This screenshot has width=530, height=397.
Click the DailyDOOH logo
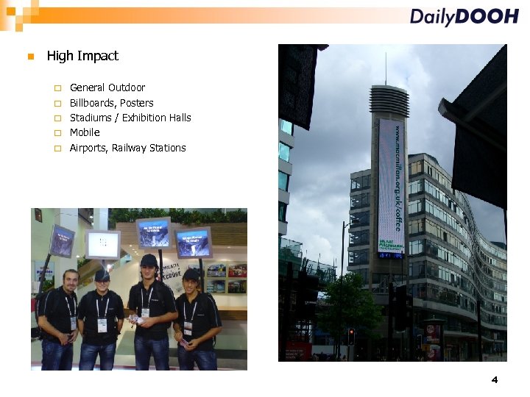pyautogui.click(x=464, y=17)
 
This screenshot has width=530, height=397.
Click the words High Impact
pyautogui.click(x=82, y=56)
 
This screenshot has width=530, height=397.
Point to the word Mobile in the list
pyautogui.click(x=85, y=132)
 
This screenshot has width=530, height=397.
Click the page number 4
pyautogui.click(x=495, y=379)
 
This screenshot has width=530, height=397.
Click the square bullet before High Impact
pyautogui.click(x=29, y=57)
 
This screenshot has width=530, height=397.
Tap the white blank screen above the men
pyautogui.click(x=103, y=244)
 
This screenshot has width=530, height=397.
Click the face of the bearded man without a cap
pyautogui.click(x=70, y=280)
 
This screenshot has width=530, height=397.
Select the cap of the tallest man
pyautogui.click(x=149, y=260)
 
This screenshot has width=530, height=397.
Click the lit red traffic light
pyautogui.click(x=351, y=332)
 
